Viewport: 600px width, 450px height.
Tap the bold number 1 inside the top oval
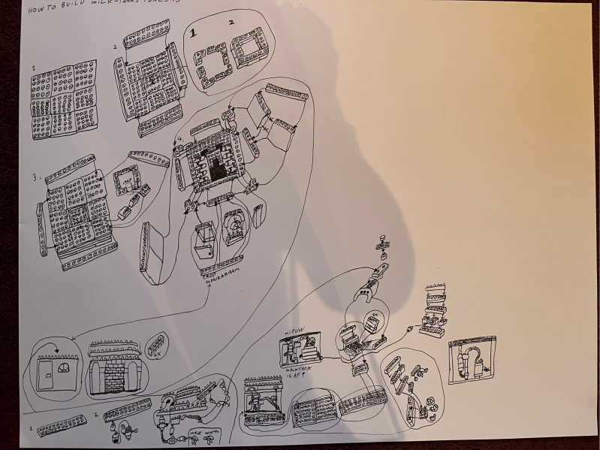point(194,33)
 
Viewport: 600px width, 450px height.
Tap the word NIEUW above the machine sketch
point(291,331)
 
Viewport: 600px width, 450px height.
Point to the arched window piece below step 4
point(232,229)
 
